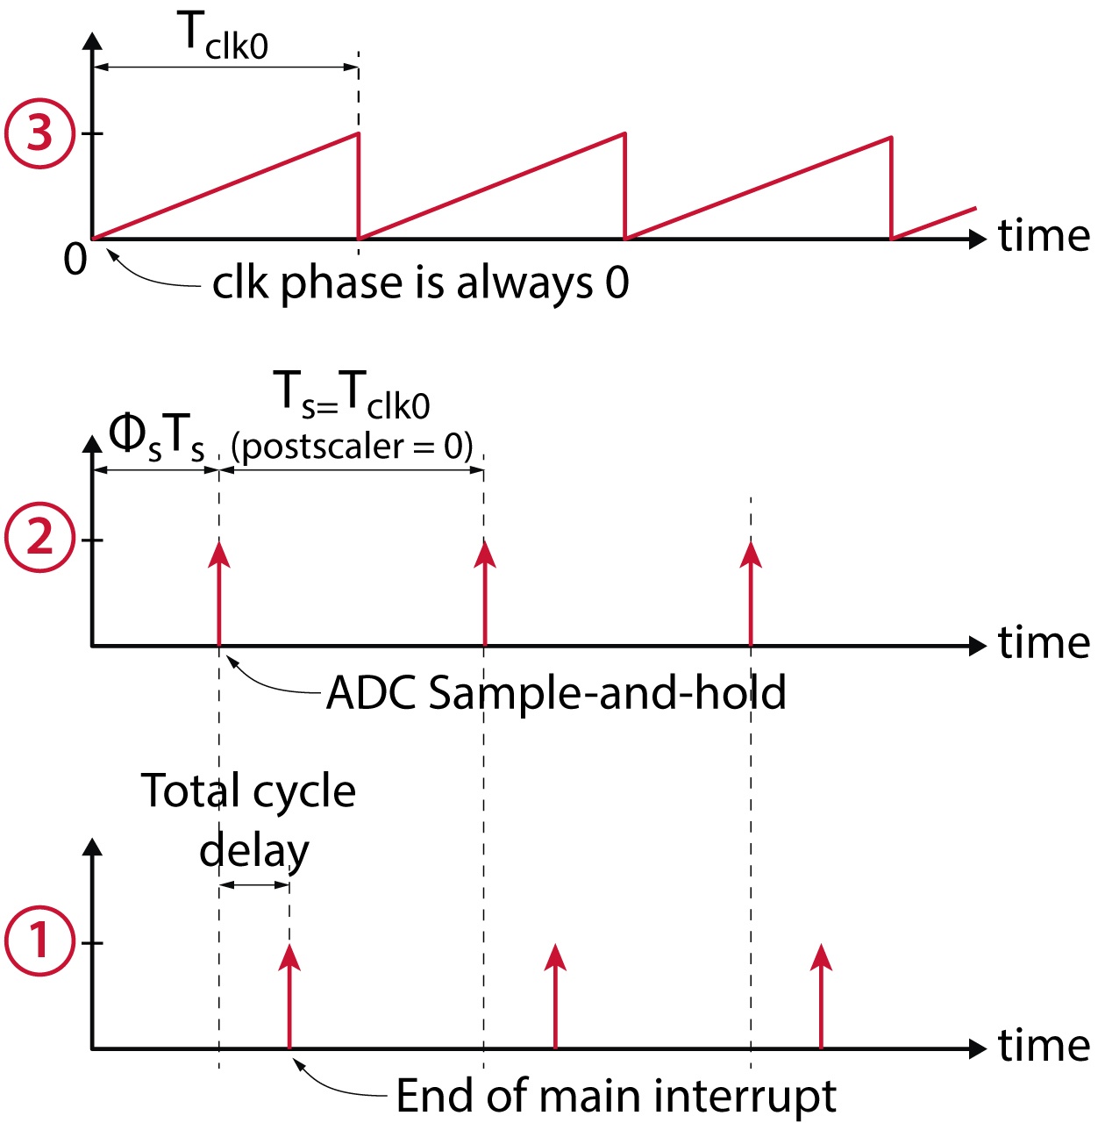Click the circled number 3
click(x=39, y=134)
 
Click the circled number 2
click(x=39, y=537)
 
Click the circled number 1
click(x=39, y=941)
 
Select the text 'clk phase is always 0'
click(x=420, y=283)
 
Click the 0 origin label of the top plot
click(x=75, y=260)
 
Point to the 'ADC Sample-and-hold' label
click(x=556, y=693)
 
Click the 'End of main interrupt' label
click(x=616, y=1096)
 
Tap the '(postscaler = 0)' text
click(x=352, y=447)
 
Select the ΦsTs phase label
click(x=156, y=436)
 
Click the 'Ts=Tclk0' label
click(x=352, y=394)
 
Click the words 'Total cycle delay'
click(x=249, y=819)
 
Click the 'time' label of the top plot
click(x=1044, y=236)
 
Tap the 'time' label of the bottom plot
click(x=1044, y=1046)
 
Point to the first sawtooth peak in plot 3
click(x=358, y=134)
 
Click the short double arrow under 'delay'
click(x=254, y=884)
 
